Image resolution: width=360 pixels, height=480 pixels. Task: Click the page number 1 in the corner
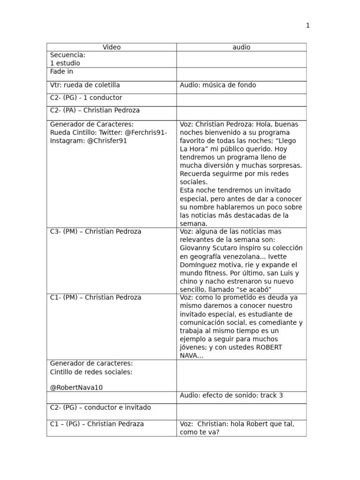coord(308,26)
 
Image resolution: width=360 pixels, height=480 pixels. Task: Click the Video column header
coord(112,47)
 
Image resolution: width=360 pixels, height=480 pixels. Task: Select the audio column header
coord(241,47)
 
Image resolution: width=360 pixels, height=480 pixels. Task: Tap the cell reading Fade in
coord(61,72)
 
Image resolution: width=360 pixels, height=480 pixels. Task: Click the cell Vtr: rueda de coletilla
coord(85,85)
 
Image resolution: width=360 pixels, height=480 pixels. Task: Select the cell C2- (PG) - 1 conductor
coord(86,98)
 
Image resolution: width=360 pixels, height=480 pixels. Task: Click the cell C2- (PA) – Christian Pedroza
coord(95,111)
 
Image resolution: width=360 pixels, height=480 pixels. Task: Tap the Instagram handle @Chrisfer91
coord(107,141)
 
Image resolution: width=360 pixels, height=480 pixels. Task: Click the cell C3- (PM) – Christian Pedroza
coord(96,232)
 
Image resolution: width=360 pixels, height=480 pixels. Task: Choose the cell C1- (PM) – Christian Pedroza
coord(96,298)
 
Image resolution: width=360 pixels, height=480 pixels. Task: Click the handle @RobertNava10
coord(76,388)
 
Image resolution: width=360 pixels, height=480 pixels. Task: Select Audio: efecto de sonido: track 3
coord(232,396)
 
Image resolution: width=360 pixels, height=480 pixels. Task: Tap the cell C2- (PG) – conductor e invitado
coord(100,408)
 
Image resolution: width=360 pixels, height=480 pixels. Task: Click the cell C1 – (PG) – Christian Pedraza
coord(97,424)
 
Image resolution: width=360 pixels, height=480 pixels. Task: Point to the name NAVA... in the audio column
coord(191,356)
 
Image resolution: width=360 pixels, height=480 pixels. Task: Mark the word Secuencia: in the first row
coord(67,55)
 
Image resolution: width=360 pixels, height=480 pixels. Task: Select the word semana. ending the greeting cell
coord(194,224)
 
